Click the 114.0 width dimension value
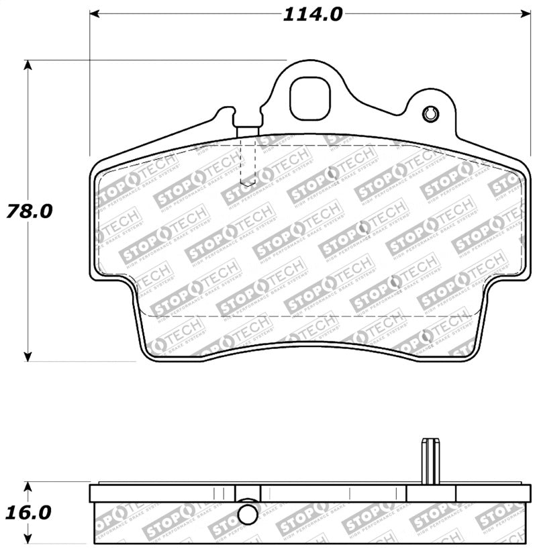coord(312,14)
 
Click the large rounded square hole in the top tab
coord(310,99)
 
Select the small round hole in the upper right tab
coord(430,115)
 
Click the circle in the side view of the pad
coord(248,514)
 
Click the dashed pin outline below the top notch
coord(248,164)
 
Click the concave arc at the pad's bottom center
coord(309,346)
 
